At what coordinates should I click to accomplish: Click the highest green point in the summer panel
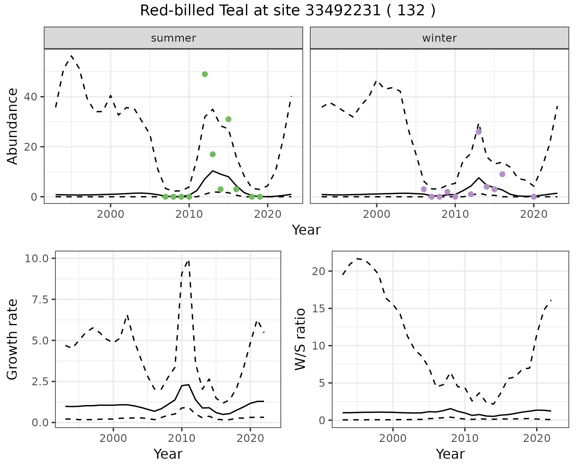pyautogui.click(x=205, y=74)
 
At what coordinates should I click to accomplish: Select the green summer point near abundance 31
pyautogui.click(x=228, y=119)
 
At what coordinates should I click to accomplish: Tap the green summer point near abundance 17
pyautogui.click(x=213, y=154)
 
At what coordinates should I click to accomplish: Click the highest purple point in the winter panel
pyautogui.click(x=479, y=132)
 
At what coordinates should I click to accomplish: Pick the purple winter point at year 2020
pyautogui.click(x=534, y=197)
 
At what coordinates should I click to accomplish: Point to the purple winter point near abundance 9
pyautogui.click(x=502, y=174)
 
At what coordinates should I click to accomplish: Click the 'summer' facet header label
pyautogui.click(x=173, y=38)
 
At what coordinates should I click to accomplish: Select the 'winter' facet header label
pyautogui.click(x=439, y=38)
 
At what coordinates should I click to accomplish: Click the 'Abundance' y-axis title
pyautogui.click(x=13, y=126)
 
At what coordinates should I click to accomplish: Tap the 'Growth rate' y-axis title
pyautogui.click(x=13, y=339)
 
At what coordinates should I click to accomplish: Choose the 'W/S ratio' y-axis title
pyautogui.click(x=300, y=339)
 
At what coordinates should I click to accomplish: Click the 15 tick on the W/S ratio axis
pyautogui.click(x=319, y=309)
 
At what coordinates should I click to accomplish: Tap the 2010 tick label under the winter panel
pyautogui.click(x=455, y=214)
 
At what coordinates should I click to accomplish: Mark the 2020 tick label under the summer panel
pyautogui.click(x=268, y=214)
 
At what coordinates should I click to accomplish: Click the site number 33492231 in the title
pyautogui.click(x=343, y=11)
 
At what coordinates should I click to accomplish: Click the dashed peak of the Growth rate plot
pyautogui.click(x=188, y=261)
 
